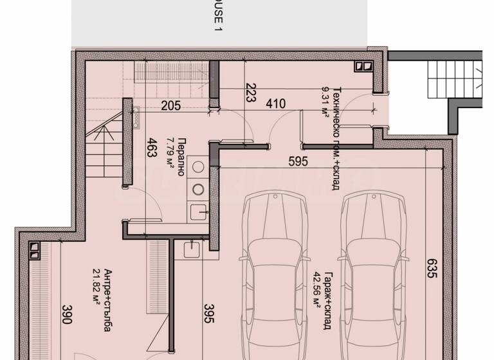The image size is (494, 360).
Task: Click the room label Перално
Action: click(x=182, y=154)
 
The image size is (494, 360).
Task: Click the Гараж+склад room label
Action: click(x=327, y=303)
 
